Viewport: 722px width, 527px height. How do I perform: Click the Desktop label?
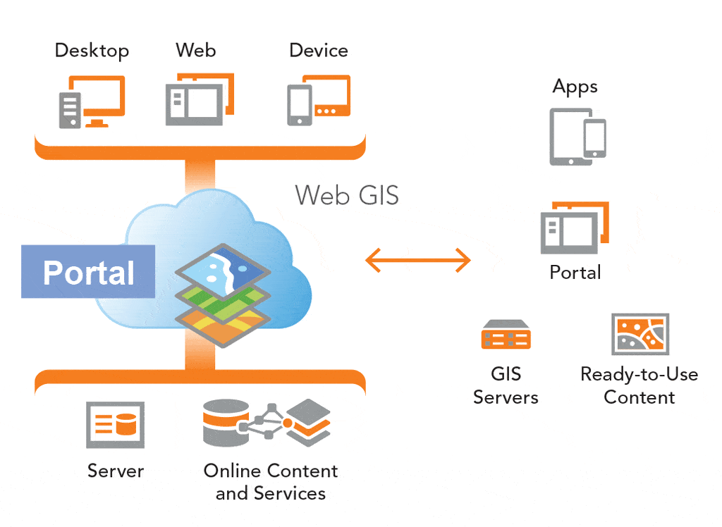pyautogui.click(x=92, y=51)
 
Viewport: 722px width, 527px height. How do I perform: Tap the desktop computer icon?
pyautogui.click(x=92, y=101)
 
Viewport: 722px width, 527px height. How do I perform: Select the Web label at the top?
pyautogui.click(x=196, y=50)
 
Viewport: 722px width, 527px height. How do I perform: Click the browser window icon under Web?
pyautogui.click(x=200, y=99)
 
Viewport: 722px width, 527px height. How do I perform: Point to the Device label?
pyautogui.click(x=319, y=50)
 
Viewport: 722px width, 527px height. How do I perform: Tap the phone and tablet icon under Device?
pyautogui.click(x=319, y=100)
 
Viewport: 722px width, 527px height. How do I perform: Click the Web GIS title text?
pyautogui.click(x=347, y=194)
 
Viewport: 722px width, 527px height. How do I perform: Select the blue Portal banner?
pyautogui.click(x=88, y=271)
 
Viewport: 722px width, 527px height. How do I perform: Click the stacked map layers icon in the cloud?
pyautogui.click(x=223, y=295)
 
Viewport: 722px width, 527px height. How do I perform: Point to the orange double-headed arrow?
pyautogui.click(x=418, y=260)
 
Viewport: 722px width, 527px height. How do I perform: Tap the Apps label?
pyautogui.click(x=575, y=87)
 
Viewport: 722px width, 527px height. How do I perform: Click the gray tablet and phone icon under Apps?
pyautogui.click(x=578, y=137)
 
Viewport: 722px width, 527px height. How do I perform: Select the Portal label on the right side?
pyautogui.click(x=575, y=273)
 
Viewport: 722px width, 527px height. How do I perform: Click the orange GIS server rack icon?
pyautogui.click(x=506, y=334)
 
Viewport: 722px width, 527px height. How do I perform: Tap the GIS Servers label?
pyautogui.click(x=506, y=385)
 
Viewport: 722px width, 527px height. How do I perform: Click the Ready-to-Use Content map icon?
pyautogui.click(x=640, y=334)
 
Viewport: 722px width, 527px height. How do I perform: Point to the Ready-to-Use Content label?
pyautogui.click(x=639, y=385)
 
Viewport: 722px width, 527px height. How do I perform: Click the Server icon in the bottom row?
pyautogui.click(x=115, y=425)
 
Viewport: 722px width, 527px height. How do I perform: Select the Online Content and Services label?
pyautogui.click(x=271, y=482)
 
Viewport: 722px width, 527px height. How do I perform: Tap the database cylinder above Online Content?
pyautogui.click(x=226, y=423)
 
